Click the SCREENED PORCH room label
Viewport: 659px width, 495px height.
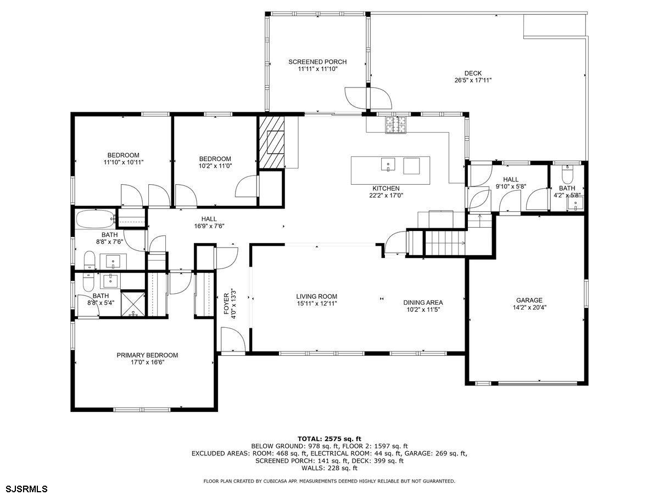pos(317,62)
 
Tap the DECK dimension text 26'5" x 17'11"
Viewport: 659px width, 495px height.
pos(473,80)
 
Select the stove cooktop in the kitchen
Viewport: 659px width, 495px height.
pos(395,125)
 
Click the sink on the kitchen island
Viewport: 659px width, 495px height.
pos(388,164)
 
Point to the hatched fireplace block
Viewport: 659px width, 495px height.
pos(271,142)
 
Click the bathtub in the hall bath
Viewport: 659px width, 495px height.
pos(96,219)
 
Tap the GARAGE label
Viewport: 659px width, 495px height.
pos(529,300)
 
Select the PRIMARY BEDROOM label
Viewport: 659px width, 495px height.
pos(147,355)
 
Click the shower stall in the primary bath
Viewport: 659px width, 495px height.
pos(133,303)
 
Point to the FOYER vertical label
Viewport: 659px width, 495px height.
pos(227,304)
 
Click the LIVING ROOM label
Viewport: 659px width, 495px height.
pos(316,296)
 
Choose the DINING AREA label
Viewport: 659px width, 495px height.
pos(423,302)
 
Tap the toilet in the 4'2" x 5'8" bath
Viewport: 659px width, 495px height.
pos(567,174)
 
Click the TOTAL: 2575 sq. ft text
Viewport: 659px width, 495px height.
pos(329,439)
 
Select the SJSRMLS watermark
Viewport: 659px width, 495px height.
pos(24,489)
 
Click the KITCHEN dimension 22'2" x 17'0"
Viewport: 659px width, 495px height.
pos(386,195)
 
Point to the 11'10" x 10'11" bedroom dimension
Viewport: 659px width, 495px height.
pos(124,162)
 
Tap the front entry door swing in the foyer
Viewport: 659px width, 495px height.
pos(233,339)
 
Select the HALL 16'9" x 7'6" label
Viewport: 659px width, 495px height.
pos(209,222)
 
